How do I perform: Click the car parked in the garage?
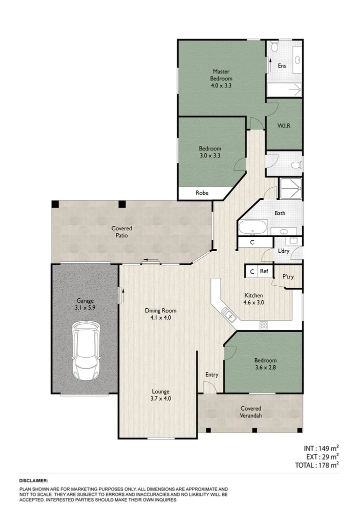click(x=86, y=350)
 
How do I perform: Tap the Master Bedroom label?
click(x=221, y=78)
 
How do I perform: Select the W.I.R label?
click(x=284, y=125)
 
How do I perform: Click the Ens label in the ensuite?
click(x=282, y=65)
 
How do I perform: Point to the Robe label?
click(x=202, y=193)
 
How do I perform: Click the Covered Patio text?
click(x=122, y=232)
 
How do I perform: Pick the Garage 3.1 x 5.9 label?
click(x=85, y=305)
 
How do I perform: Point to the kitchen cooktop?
click(x=264, y=325)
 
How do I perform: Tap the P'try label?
click(x=288, y=276)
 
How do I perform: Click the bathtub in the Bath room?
click(x=253, y=228)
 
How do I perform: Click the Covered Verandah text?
click(x=250, y=412)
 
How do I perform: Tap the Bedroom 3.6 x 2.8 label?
click(x=264, y=364)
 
